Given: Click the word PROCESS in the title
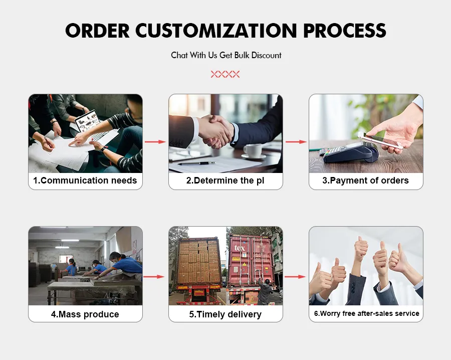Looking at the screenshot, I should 345,31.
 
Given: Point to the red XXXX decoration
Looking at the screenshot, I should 225,74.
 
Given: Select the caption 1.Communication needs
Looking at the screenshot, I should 85,181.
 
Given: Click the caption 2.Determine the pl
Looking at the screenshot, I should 225,181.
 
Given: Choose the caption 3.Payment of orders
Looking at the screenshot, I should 365,181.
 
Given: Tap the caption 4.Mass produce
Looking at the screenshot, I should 85,314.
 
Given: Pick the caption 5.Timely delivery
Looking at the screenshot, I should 225,314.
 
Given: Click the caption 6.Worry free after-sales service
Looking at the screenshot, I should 366,313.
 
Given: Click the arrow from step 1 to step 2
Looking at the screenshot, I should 155,142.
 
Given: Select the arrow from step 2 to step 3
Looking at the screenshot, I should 296,142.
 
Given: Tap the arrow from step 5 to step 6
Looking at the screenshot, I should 296,276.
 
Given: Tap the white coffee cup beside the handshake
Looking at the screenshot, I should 253,150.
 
